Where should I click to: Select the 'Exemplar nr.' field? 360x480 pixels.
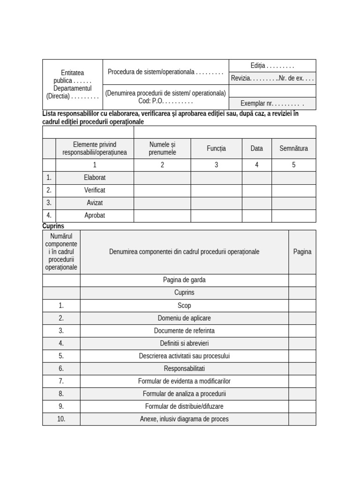[272, 104]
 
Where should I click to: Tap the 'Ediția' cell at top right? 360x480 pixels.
[272, 66]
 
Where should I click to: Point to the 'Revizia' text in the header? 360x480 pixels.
[241, 78]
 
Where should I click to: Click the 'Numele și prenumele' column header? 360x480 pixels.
[162, 148]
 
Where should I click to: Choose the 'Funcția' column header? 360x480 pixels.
[216, 149]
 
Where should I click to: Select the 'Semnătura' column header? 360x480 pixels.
[293, 149]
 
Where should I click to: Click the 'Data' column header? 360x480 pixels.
[256, 149]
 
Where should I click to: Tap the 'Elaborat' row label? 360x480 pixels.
[95, 178]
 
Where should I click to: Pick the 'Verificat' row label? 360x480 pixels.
[95, 190]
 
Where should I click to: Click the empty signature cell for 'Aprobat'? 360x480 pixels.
[293, 216]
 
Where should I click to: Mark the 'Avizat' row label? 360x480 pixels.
[95, 203]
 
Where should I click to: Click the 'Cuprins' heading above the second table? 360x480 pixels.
[53, 226]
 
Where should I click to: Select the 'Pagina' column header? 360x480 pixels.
[302, 252]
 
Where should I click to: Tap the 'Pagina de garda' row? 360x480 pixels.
[184, 280]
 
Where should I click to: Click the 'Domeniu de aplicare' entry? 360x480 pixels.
[184, 318]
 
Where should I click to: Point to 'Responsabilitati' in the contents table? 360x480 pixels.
[184, 368]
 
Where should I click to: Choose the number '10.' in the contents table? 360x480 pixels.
[61, 419]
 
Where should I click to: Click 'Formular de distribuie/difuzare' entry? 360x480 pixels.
[184, 406]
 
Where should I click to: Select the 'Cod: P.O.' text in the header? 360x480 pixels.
[165, 101]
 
